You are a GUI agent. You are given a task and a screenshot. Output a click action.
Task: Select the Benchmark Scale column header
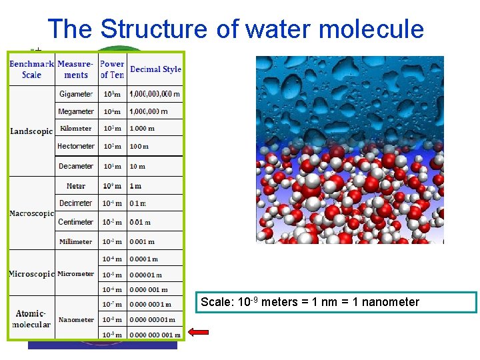pyautogui.click(x=31, y=69)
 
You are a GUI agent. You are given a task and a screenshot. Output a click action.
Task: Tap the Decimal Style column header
pyautogui.click(x=155, y=69)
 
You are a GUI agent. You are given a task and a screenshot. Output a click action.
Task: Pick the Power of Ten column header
pyautogui.click(x=112, y=69)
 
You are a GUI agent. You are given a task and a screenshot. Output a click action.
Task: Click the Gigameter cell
pyautogui.click(x=76, y=94)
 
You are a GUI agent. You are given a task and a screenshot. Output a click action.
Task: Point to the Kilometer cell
pyautogui.click(x=76, y=129)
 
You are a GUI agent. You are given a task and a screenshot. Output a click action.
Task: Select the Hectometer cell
pyautogui.click(x=76, y=146)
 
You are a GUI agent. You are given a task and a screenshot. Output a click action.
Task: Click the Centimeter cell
pyautogui.click(x=76, y=222)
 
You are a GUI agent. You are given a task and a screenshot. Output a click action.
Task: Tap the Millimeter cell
pyautogui.click(x=76, y=241)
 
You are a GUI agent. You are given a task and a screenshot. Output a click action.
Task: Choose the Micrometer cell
pyautogui.click(x=76, y=274)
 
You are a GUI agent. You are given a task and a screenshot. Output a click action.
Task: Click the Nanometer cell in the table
pyautogui.click(x=76, y=320)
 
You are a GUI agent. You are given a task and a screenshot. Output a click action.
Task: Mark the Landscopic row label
pyautogui.click(x=31, y=131)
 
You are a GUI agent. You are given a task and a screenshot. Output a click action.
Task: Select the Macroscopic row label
pyautogui.click(x=31, y=213)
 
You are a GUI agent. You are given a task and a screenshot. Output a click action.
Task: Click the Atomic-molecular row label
pyautogui.click(x=31, y=319)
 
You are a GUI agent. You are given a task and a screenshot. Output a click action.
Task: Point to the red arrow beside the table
pyautogui.click(x=198, y=331)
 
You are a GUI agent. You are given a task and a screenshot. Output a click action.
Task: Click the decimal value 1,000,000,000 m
pyautogui.click(x=155, y=94)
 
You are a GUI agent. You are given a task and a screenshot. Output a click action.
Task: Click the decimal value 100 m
pyautogui.click(x=139, y=147)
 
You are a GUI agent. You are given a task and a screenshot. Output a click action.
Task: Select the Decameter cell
pyautogui.click(x=76, y=166)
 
